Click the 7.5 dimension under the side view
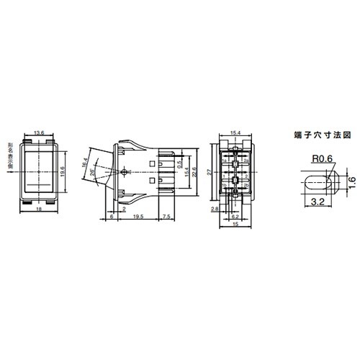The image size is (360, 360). click(x=167, y=217)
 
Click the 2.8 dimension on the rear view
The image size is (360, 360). click(x=215, y=208)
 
